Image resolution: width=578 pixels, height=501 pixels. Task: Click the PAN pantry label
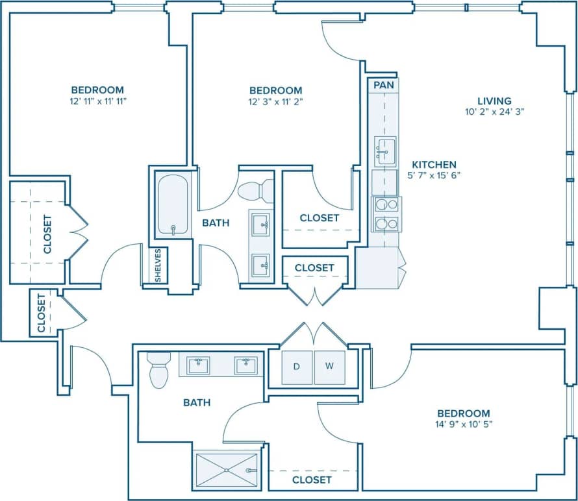coord(383,85)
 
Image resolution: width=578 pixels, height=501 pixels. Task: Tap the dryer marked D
coord(296,367)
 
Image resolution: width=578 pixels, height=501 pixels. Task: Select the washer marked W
coord(329,367)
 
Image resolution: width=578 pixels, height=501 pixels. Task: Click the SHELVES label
coord(158,265)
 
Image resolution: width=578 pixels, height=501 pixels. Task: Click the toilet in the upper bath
coord(256,191)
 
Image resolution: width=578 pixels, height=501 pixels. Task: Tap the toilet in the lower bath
coord(158,370)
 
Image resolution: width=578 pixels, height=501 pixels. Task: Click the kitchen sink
coord(385,153)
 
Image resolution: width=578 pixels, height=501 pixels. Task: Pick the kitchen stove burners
coord(385,214)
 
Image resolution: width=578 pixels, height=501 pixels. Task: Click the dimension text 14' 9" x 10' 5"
coord(463,426)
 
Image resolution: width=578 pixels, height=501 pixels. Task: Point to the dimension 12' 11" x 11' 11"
coord(97,102)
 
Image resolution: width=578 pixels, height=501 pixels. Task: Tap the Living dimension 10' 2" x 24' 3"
coord(494,111)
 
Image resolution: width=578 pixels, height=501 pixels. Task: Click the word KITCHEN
coord(434,165)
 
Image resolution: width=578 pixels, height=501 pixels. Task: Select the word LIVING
coord(494,101)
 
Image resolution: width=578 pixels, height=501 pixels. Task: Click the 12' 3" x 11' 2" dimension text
coord(275,102)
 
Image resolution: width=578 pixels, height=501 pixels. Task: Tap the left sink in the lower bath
coord(198,365)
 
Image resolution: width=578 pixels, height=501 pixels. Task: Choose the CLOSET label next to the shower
coord(312,480)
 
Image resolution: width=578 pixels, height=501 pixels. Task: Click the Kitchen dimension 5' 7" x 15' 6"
coord(434,175)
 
